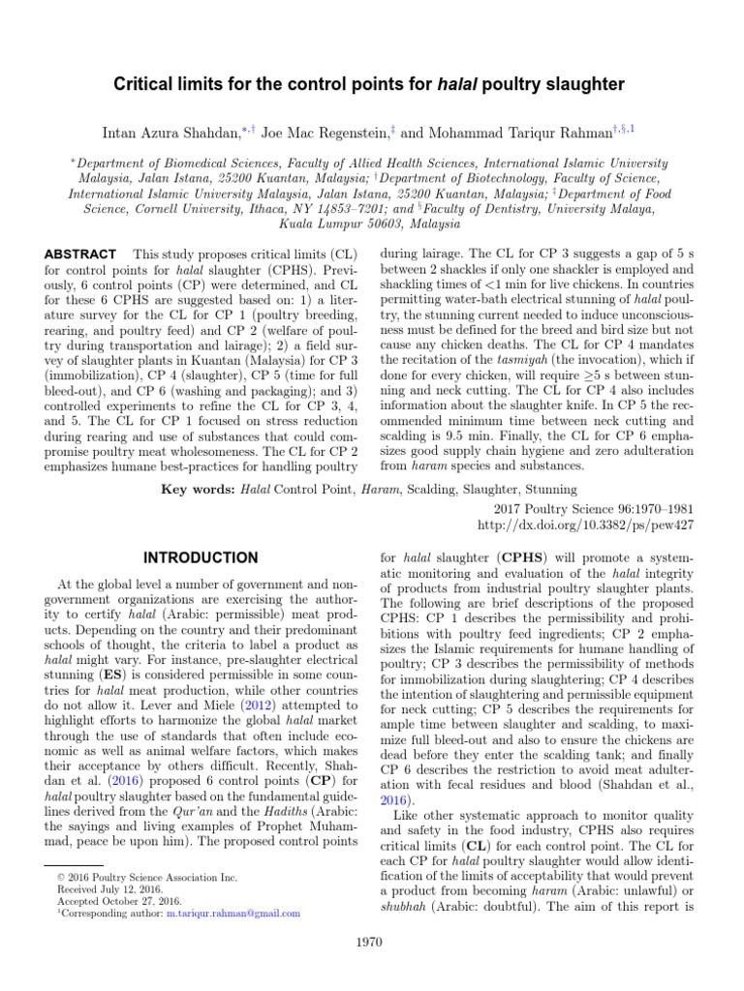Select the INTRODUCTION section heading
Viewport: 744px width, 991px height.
click(201, 558)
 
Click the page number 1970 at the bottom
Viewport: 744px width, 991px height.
click(372, 941)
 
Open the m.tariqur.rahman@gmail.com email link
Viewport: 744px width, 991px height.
click(232, 913)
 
